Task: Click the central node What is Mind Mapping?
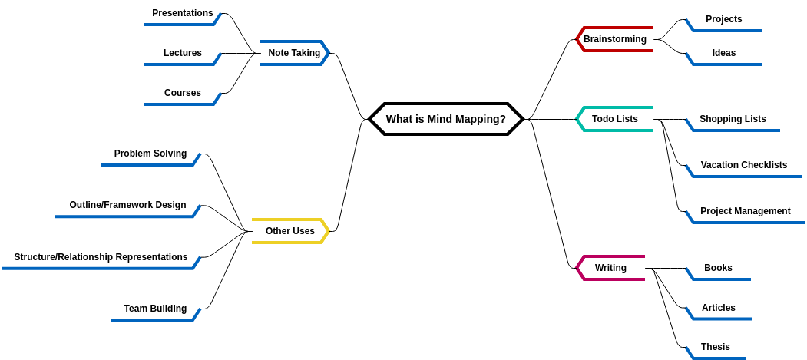point(445,119)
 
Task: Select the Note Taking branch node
point(294,53)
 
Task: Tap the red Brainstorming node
point(614,39)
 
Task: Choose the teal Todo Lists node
point(614,119)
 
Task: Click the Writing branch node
point(610,268)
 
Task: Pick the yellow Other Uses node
point(289,231)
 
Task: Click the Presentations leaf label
point(182,13)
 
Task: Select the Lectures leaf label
point(182,53)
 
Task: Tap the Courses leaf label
point(182,93)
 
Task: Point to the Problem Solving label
point(150,154)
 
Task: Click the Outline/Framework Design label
point(127,205)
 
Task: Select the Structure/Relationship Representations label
point(101,257)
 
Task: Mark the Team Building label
point(155,309)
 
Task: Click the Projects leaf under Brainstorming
point(723,19)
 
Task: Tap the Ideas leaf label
point(723,53)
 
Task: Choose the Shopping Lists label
point(733,119)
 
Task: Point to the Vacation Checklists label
point(743,165)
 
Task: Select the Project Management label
point(745,211)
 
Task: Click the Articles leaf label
point(718,308)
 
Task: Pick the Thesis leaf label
point(715,347)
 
